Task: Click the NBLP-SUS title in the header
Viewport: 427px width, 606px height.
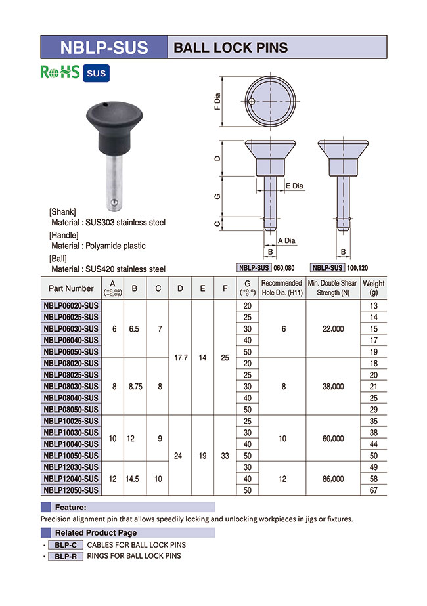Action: pyautogui.click(x=104, y=47)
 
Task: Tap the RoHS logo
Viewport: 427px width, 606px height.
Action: pyautogui.click(x=60, y=72)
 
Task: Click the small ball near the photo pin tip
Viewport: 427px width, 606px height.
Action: pyautogui.click(x=114, y=200)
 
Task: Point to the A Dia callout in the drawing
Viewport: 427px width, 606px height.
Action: pyautogui.click(x=286, y=240)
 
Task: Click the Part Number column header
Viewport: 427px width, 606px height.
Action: pyautogui.click(x=71, y=288)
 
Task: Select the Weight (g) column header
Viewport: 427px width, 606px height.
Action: pyautogui.click(x=374, y=288)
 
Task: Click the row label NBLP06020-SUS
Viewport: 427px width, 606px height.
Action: pyautogui.click(x=71, y=305)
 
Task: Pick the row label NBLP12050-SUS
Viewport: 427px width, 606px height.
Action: pyautogui.click(x=71, y=490)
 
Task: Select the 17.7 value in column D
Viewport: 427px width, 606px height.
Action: pyautogui.click(x=179, y=358)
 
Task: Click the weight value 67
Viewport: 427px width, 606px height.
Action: pyautogui.click(x=374, y=490)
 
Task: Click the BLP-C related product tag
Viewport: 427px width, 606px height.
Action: pyautogui.click(x=65, y=545)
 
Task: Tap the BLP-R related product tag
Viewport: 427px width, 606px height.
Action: pyautogui.click(x=65, y=556)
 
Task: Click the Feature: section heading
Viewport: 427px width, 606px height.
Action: pyautogui.click(x=71, y=507)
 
